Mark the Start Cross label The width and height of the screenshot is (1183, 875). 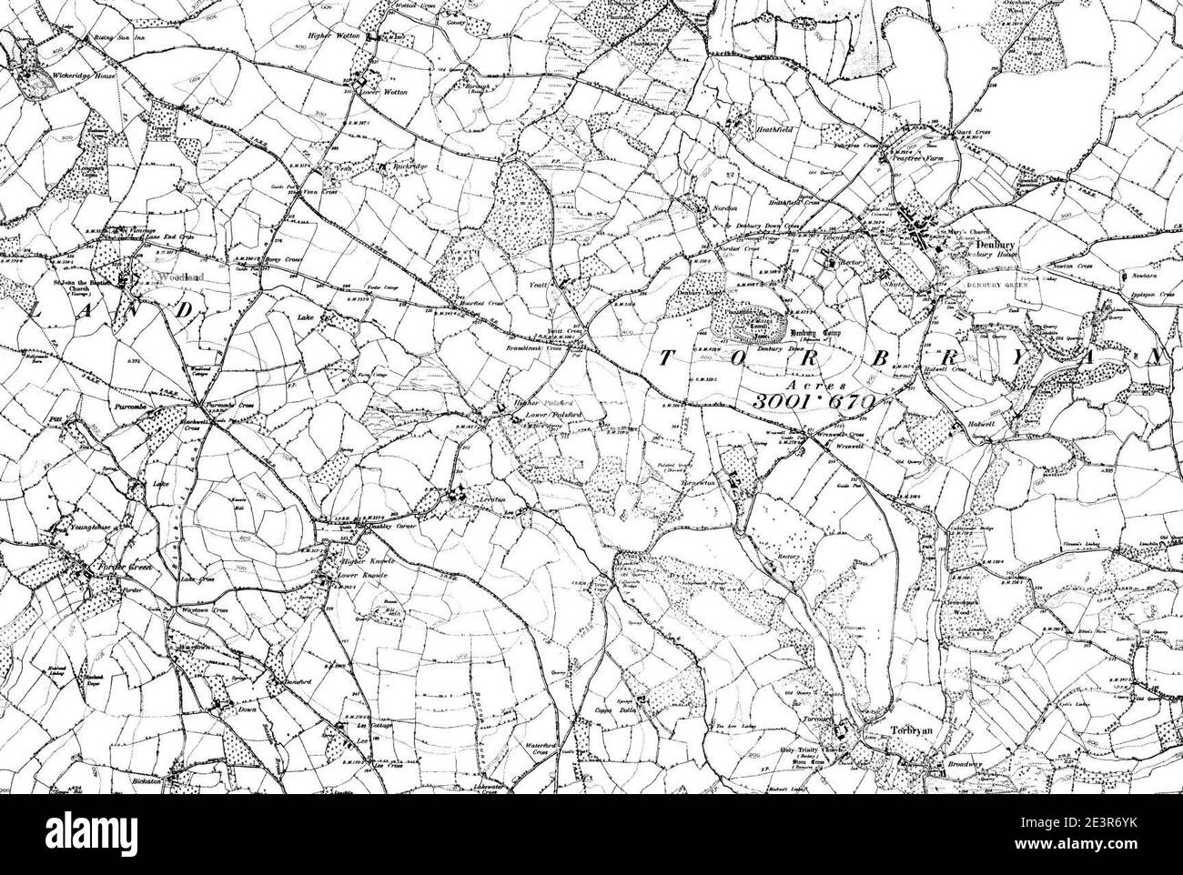click(x=970, y=133)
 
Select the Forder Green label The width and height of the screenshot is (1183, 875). click(x=131, y=567)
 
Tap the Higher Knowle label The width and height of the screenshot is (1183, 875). click(x=365, y=563)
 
